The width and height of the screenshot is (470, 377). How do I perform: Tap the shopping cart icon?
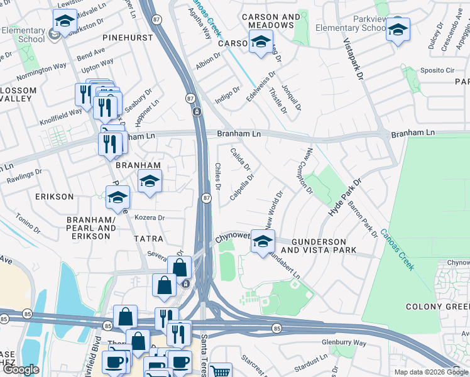coord(220,371)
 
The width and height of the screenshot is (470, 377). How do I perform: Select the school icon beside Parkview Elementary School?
coord(398,29)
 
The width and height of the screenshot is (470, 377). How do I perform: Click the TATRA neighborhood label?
coord(148,239)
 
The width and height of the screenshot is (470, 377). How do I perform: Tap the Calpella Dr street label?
coord(243,187)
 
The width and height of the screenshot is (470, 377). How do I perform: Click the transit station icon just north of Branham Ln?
coord(197,112)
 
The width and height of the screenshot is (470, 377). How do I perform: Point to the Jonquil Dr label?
coord(292,95)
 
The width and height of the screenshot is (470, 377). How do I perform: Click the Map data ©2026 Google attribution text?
coord(432,372)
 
